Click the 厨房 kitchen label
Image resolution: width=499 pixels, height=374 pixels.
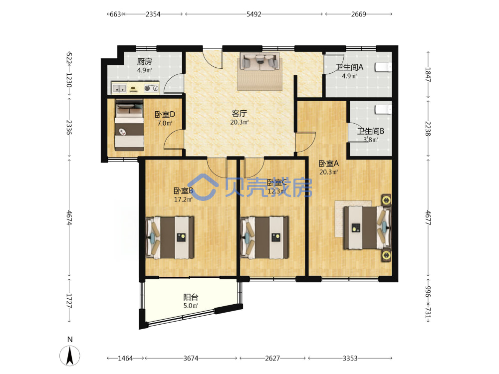tap(145, 61)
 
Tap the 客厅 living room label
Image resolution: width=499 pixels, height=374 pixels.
tap(240, 113)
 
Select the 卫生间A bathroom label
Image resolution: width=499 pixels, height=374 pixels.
tap(349, 67)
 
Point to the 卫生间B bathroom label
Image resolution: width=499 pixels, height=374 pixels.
tap(370, 131)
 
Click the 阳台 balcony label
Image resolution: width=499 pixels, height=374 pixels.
tap(191, 297)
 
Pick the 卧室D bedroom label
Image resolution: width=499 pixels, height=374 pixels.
tap(165, 114)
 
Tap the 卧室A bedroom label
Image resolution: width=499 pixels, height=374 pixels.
tap(329, 164)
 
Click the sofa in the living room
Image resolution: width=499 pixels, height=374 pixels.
tap(259, 61)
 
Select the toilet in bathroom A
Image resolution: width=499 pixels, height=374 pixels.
tap(383, 67)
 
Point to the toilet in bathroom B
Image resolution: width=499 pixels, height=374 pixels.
tap(383, 109)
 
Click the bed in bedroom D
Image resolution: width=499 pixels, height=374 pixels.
tap(129, 125)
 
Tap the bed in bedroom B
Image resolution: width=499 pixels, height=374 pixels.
tap(170, 237)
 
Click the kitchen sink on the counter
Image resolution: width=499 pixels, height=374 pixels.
tap(119, 88)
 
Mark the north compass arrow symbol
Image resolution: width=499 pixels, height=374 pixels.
tap(70, 355)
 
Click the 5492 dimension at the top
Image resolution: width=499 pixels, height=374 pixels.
tap(253, 14)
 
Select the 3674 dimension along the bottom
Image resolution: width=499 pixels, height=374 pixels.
tap(191, 358)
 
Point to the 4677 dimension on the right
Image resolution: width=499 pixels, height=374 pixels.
tap(428, 218)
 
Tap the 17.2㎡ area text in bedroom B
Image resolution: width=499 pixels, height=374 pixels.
tap(183, 199)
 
